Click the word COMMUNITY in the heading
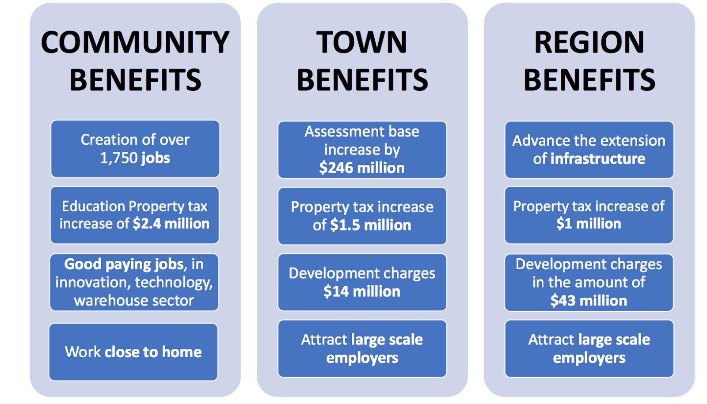[135, 42]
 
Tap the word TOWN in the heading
[361, 42]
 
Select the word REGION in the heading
[589, 42]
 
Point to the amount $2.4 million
[171, 224]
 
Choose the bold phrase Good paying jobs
[124, 264]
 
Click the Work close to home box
[133, 352]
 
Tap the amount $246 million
[362, 168]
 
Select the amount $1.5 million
[370, 225]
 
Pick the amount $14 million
[362, 291]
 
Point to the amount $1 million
[589, 224]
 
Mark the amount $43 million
[589, 301]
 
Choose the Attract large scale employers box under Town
[362, 348]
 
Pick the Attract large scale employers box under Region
[589, 348]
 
